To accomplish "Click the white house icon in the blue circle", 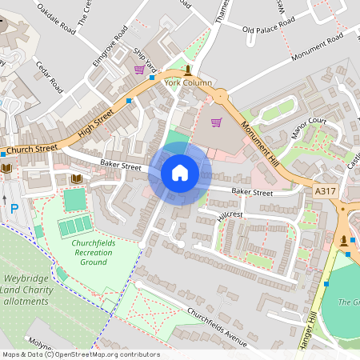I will [x=180, y=172].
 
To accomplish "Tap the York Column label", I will [x=188, y=82].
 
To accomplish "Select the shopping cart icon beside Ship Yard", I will [x=139, y=70].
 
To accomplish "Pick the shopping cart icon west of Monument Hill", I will [x=216, y=122].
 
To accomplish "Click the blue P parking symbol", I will [x=14, y=209].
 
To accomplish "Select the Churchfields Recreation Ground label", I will [x=94, y=252].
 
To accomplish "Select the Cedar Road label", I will [x=50, y=74].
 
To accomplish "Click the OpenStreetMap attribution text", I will [x=80, y=354].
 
